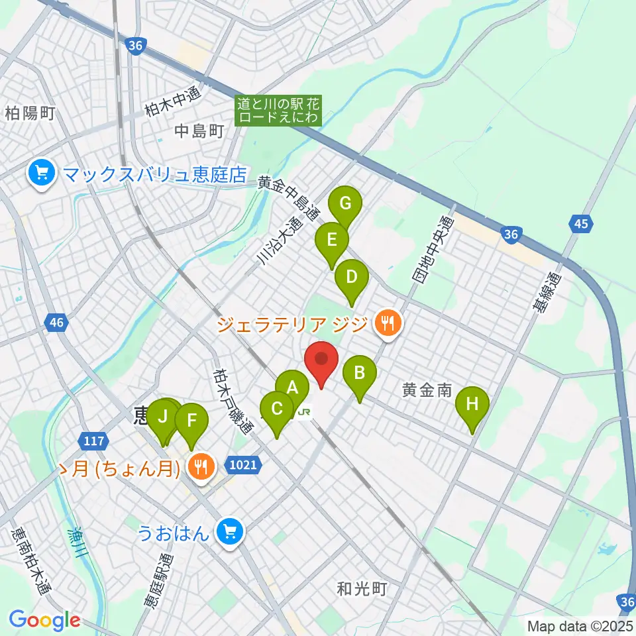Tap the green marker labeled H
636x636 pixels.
pyautogui.click(x=472, y=404)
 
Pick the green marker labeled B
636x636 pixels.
pyautogui.click(x=359, y=373)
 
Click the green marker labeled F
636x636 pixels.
pyautogui.click(x=191, y=421)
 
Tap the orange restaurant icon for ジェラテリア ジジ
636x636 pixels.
pyautogui.click(x=385, y=324)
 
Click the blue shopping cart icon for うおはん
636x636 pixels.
pyautogui.click(x=230, y=531)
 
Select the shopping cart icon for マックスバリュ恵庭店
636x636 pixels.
pyautogui.click(x=42, y=174)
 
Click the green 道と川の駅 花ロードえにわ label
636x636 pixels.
pyautogui.click(x=278, y=111)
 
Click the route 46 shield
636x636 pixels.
pyautogui.click(x=56, y=323)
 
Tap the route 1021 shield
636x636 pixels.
pyautogui.click(x=243, y=464)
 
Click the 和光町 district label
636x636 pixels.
pyautogui.click(x=361, y=588)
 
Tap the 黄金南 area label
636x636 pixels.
pyautogui.click(x=427, y=391)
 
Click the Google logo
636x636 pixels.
pyautogui.click(x=44, y=620)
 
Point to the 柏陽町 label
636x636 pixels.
pyautogui.click(x=29, y=113)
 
